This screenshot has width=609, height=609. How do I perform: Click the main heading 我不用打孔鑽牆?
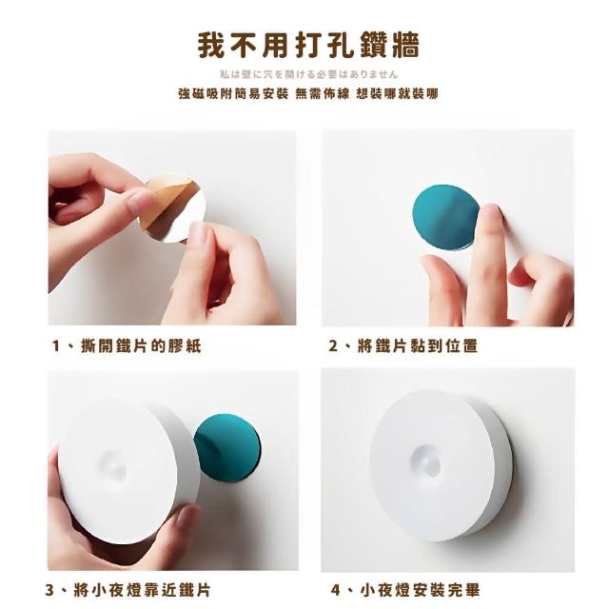point(308,47)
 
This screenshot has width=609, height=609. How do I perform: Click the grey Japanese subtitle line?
point(308,74)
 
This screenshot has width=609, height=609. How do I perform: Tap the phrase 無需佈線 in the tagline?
point(323,93)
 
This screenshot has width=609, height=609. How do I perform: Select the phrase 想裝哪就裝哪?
point(398,93)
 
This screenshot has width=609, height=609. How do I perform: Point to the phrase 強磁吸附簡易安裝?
point(233,93)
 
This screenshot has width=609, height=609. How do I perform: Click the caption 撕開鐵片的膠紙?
point(142,345)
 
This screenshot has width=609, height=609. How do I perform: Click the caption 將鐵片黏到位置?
point(418,345)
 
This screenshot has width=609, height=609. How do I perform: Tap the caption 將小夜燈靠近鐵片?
point(142,590)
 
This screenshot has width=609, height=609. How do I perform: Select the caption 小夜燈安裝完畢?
point(420,590)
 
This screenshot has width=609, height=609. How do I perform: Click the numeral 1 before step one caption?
point(57,345)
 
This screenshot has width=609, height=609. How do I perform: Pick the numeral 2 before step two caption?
point(333,345)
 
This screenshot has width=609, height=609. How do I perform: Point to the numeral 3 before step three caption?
point(49,590)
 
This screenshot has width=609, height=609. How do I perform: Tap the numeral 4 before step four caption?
point(336,590)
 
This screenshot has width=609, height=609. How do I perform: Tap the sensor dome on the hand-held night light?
point(113,465)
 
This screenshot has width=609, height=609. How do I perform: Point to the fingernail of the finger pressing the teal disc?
point(492,212)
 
